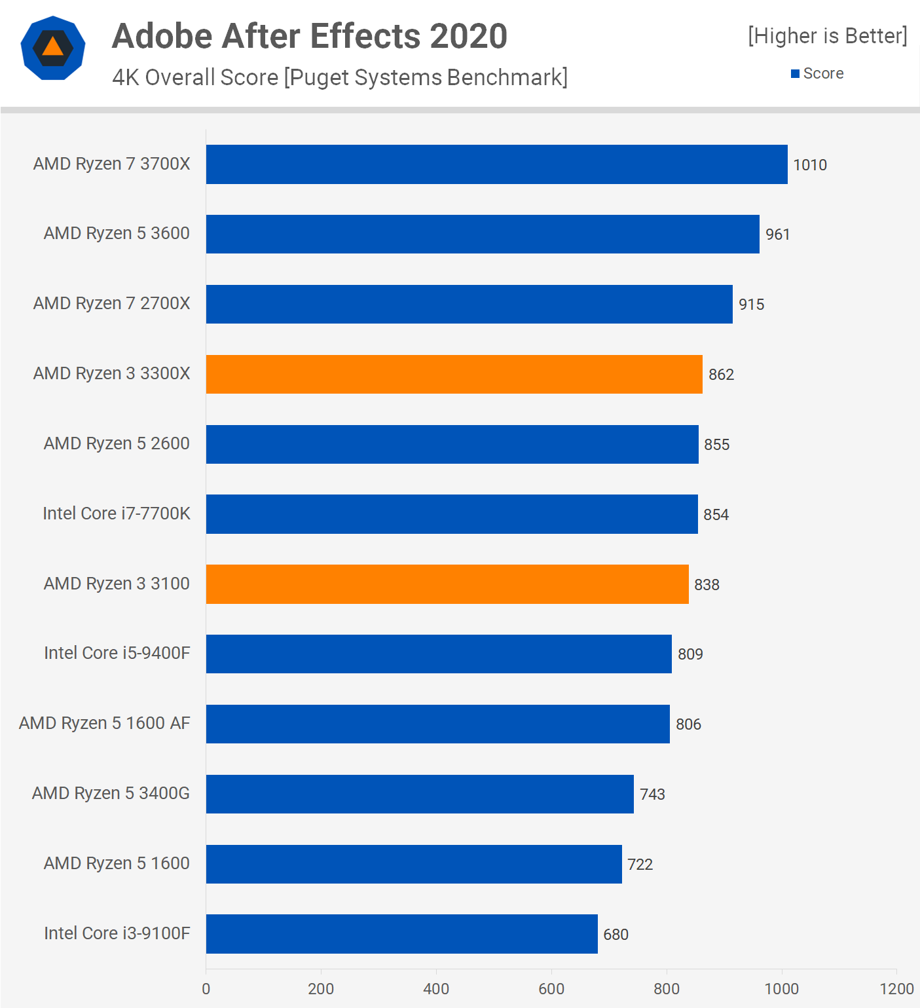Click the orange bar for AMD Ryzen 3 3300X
tap(454, 374)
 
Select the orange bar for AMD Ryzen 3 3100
tap(447, 584)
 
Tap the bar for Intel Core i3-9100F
tap(401, 933)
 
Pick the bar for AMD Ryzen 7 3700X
tap(496, 164)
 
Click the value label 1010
tap(810, 165)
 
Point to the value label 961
tap(778, 234)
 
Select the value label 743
tap(652, 794)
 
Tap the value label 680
tap(616, 935)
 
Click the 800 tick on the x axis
tap(667, 989)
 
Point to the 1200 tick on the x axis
tap(896, 989)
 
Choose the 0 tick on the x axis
tap(206, 989)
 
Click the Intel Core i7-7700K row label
tap(117, 513)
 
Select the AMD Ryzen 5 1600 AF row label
tap(105, 723)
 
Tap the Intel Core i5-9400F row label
tap(117, 653)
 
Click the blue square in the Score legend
tap(795, 74)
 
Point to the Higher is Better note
tap(828, 36)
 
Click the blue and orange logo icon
tap(53, 48)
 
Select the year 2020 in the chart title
tap(468, 36)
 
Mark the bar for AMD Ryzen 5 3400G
tap(420, 794)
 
